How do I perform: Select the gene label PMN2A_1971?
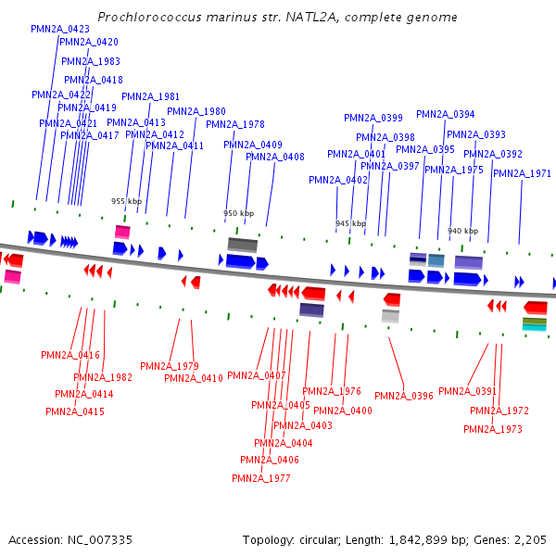click(x=522, y=173)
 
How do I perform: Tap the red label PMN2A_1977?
click(x=260, y=478)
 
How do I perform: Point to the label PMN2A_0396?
click(x=404, y=396)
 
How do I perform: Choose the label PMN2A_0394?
click(x=445, y=115)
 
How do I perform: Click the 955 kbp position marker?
click(x=127, y=201)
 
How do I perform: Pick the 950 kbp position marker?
click(x=238, y=213)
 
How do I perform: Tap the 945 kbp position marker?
click(x=350, y=223)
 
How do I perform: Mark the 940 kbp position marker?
click(x=462, y=231)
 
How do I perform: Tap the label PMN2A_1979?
click(x=169, y=366)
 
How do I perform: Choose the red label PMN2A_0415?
click(x=74, y=411)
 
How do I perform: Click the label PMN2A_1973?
click(x=492, y=429)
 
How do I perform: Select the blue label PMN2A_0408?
click(x=274, y=157)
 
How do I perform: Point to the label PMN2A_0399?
click(x=373, y=118)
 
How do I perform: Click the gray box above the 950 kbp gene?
click(x=242, y=244)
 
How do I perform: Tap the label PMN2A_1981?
click(x=150, y=96)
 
